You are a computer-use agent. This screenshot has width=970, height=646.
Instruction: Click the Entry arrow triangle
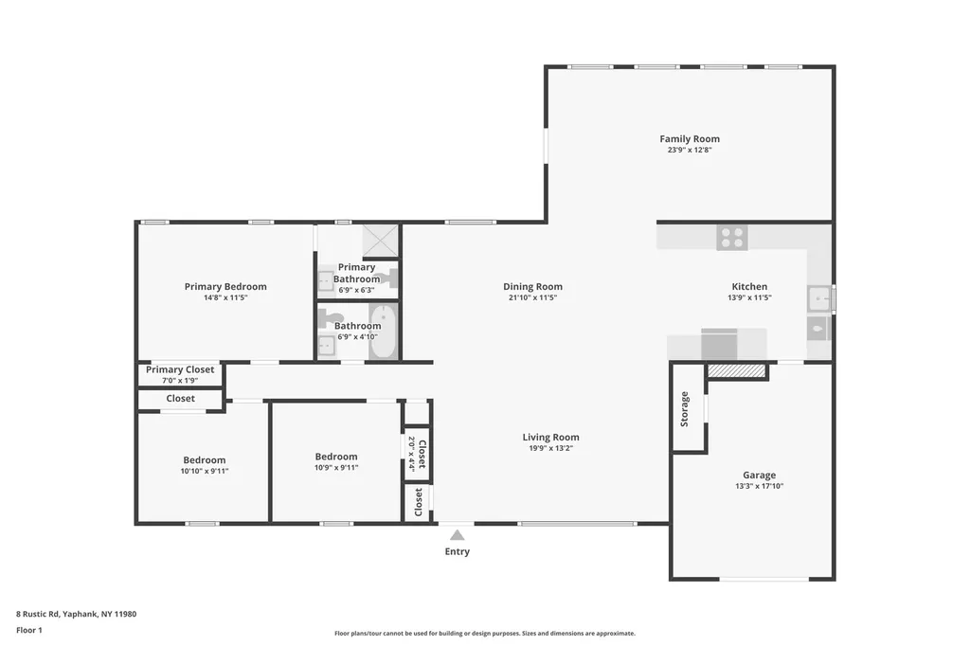(x=458, y=535)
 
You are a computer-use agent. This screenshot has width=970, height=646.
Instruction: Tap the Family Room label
(x=690, y=139)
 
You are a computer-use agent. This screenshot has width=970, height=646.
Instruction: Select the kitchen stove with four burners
(x=732, y=238)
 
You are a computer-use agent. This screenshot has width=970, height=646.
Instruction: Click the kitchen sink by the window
(x=819, y=299)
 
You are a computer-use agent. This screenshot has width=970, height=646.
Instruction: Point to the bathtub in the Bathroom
(x=383, y=331)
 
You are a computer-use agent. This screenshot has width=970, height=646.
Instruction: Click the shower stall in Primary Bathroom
(x=381, y=241)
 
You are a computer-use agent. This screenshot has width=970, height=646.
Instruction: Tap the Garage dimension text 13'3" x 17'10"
(x=759, y=486)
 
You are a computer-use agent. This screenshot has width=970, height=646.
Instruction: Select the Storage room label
(x=684, y=409)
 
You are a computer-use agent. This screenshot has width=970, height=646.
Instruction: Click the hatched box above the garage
(x=736, y=370)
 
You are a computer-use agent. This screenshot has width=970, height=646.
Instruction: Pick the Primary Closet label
(x=180, y=369)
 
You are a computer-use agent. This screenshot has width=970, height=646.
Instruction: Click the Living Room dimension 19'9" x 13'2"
(x=550, y=448)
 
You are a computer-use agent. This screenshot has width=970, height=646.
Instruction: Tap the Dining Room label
(x=532, y=286)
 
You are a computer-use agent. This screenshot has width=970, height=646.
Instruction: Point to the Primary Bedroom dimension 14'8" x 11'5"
(x=225, y=297)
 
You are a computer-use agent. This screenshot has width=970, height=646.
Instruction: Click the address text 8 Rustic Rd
(x=38, y=614)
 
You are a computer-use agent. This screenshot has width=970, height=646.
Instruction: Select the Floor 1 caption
(x=29, y=630)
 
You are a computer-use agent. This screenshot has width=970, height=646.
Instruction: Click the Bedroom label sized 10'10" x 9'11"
(x=205, y=459)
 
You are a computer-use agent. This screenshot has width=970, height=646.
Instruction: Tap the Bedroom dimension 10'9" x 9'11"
(x=336, y=468)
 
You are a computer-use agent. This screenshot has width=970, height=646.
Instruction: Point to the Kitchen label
(x=749, y=286)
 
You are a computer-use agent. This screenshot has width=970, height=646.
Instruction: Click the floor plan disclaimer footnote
(x=485, y=633)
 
